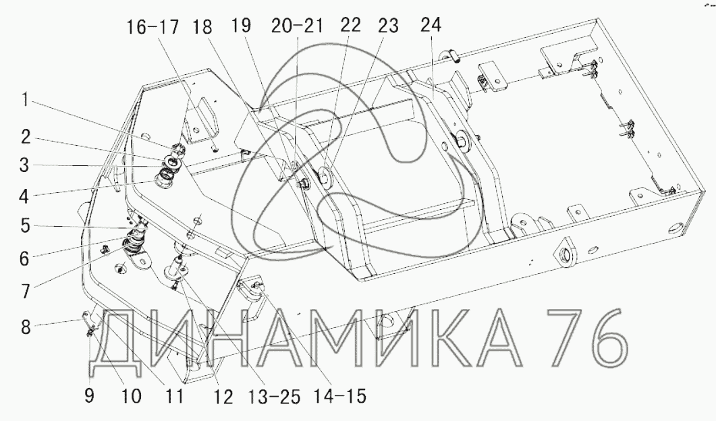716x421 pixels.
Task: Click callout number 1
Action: pos(25,100)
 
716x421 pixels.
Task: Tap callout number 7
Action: pos(24,290)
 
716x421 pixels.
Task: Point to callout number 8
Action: pos(26,327)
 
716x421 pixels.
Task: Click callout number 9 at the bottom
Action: pos(90,395)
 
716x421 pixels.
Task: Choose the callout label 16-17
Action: pos(152,27)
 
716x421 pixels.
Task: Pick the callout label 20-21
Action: pos(297,26)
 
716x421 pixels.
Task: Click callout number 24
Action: pos(431,25)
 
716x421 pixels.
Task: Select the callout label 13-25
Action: pos(274,396)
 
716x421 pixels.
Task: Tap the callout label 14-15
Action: pos(340,396)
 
